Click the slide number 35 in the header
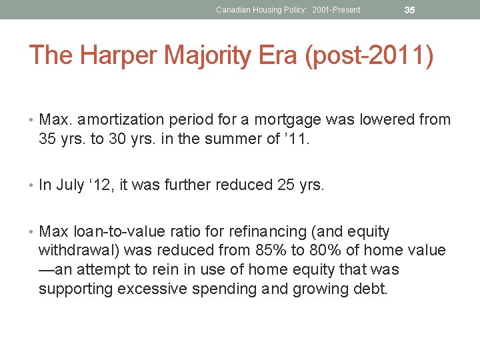(x=409, y=10)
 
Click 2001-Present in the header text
(x=336, y=10)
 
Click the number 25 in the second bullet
(x=284, y=185)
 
